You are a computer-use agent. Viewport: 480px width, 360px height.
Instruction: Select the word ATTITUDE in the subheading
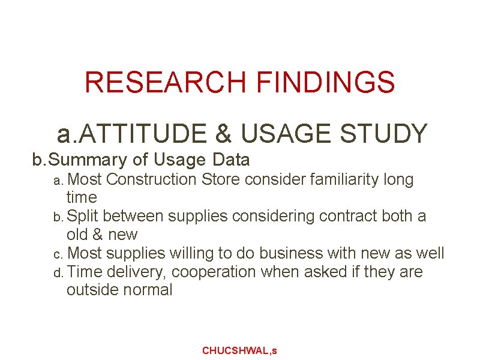144,133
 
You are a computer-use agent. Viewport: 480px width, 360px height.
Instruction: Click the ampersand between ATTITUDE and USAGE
224,133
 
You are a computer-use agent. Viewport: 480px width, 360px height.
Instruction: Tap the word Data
230,160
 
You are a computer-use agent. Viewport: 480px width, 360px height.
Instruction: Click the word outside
92,290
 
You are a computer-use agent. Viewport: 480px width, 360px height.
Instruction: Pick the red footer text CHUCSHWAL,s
239,350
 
